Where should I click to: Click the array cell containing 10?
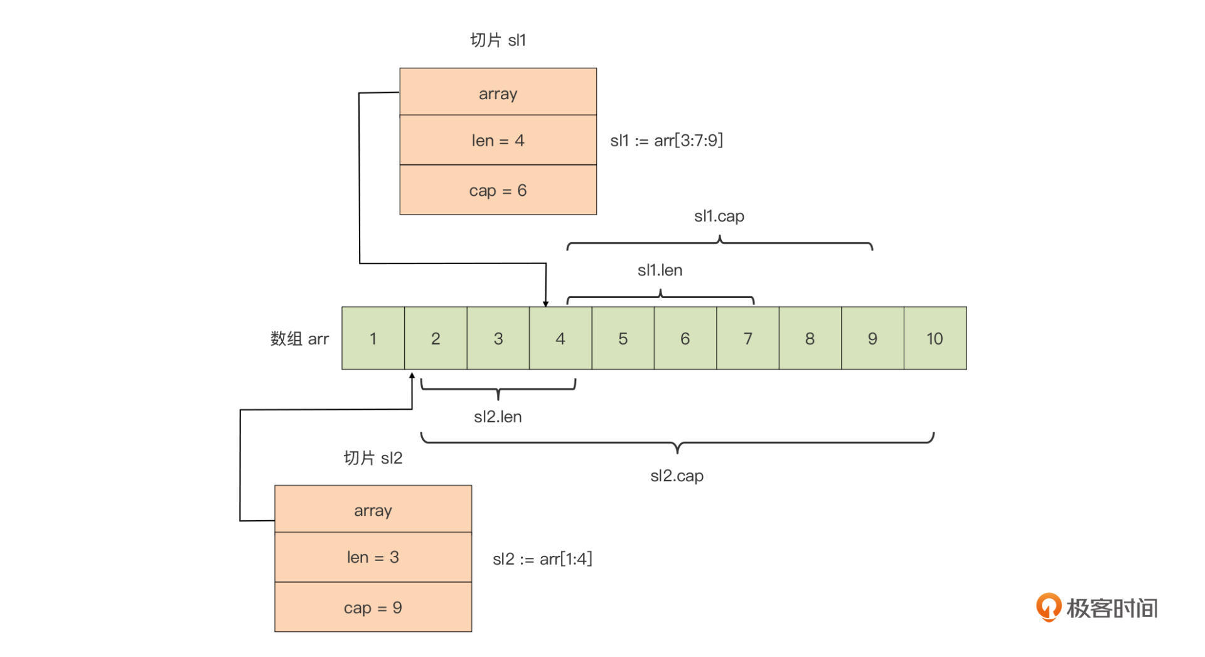935,338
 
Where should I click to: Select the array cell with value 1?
373,338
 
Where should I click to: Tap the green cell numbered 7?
747,338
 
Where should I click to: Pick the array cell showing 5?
623,338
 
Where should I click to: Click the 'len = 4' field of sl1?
498,140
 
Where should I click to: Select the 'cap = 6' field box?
498,190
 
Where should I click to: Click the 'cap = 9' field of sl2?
373,607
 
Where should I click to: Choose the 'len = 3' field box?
373,557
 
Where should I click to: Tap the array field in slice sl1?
498,93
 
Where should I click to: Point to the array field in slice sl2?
373,510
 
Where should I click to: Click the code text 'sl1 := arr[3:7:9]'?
667,140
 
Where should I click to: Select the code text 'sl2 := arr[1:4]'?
542,558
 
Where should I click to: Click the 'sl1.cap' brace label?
719,216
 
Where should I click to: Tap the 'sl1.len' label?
660,270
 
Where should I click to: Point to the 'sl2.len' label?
498,417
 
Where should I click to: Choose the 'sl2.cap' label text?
677,476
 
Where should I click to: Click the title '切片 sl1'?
498,40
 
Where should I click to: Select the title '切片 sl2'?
373,458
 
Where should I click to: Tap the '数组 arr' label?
299,339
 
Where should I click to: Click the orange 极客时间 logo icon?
1048,607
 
